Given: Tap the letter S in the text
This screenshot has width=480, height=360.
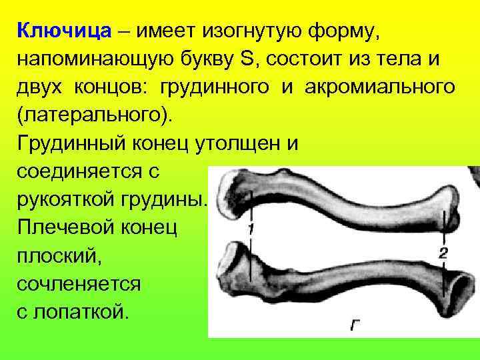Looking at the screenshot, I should pyautogui.click(x=247, y=59).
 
